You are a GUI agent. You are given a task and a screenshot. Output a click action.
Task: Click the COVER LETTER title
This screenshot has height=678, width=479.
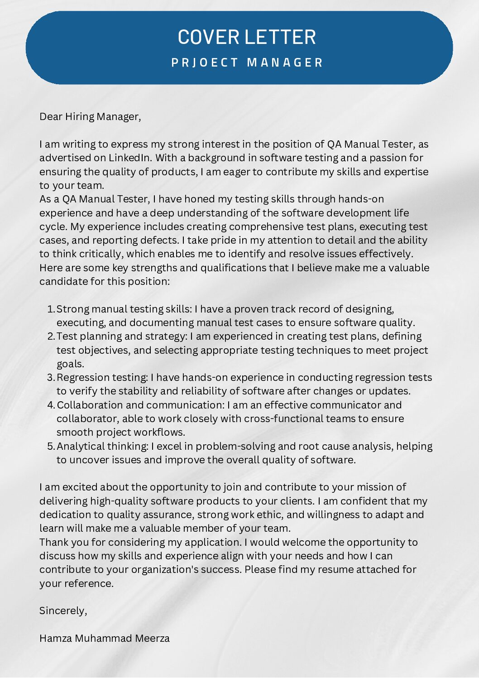[247, 37]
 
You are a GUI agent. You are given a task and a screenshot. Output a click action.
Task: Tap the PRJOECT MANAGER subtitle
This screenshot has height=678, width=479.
[247, 63]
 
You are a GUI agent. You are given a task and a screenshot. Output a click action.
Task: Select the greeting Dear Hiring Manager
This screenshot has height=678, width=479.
[90, 117]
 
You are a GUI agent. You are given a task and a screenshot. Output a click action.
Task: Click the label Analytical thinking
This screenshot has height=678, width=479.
[102, 447]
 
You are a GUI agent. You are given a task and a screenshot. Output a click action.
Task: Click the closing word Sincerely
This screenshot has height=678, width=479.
[62, 611]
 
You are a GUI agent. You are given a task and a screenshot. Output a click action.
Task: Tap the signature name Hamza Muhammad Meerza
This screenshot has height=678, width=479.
[105, 639]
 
